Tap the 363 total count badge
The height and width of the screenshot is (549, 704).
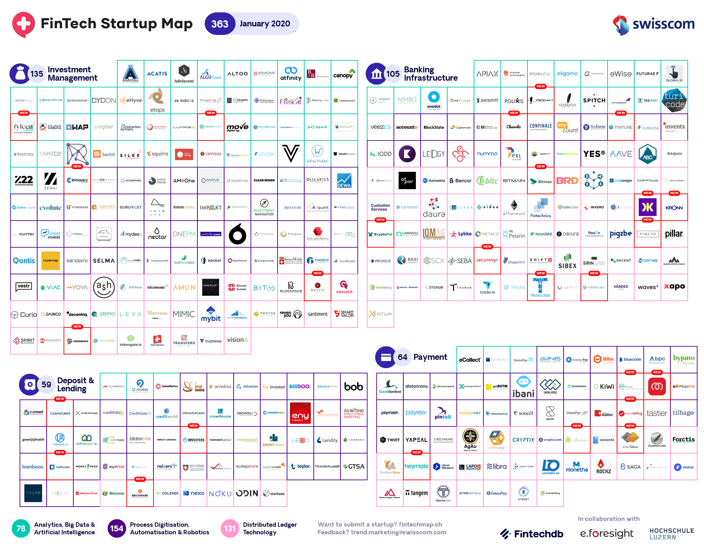click(x=220, y=24)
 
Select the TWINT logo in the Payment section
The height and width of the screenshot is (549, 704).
click(x=390, y=440)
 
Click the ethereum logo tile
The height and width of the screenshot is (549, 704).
click(x=514, y=207)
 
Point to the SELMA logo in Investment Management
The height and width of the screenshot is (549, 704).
click(x=104, y=261)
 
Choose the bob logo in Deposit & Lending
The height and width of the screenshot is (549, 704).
click(x=354, y=386)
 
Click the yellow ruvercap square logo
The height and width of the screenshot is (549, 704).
click(x=51, y=261)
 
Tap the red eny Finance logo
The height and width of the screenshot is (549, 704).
click(x=300, y=413)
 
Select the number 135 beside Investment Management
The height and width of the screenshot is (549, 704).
click(x=36, y=74)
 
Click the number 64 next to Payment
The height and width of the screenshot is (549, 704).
click(x=402, y=357)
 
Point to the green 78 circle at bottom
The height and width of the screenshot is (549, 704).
click(x=21, y=528)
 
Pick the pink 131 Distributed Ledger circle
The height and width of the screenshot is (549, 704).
click(x=230, y=528)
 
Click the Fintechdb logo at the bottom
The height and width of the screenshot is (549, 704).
click(x=532, y=534)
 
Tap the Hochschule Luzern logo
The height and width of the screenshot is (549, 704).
click(x=671, y=534)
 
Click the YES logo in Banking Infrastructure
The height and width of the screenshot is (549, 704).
click(x=594, y=154)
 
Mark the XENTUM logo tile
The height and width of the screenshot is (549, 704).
click(x=380, y=314)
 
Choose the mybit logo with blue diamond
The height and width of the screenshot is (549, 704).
click(x=211, y=314)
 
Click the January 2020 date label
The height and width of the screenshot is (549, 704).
click(x=265, y=24)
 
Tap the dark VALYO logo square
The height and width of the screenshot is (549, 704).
click(x=33, y=493)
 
